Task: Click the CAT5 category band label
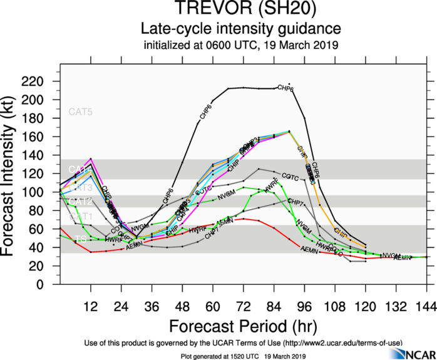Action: (x=81, y=112)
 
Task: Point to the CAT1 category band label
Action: (x=81, y=216)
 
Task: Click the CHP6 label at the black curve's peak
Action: (x=285, y=89)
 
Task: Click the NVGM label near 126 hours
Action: (x=391, y=255)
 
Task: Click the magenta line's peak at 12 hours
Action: (x=91, y=159)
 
